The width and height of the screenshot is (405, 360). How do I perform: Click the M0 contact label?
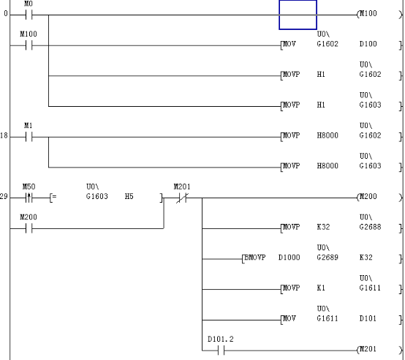(x=29, y=4)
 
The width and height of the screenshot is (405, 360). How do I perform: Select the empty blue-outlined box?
(x=298, y=15)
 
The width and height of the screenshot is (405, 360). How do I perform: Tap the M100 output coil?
(x=368, y=15)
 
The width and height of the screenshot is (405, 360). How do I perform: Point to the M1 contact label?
(x=29, y=126)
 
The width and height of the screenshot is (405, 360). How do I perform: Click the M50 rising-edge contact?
(x=29, y=198)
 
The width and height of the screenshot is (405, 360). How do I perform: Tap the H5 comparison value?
(x=129, y=197)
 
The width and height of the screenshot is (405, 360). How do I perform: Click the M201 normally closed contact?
(x=181, y=198)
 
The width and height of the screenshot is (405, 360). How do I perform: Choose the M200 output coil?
(x=368, y=198)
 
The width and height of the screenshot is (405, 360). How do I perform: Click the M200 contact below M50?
(x=29, y=228)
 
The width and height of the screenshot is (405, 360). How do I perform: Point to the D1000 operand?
(x=289, y=258)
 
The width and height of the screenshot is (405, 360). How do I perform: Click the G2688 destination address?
(x=368, y=228)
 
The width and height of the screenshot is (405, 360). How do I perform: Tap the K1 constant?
(x=322, y=288)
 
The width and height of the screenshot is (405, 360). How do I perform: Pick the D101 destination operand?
(x=368, y=319)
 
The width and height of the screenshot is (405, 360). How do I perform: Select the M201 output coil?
(x=368, y=350)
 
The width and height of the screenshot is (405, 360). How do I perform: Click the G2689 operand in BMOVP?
(x=327, y=258)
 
